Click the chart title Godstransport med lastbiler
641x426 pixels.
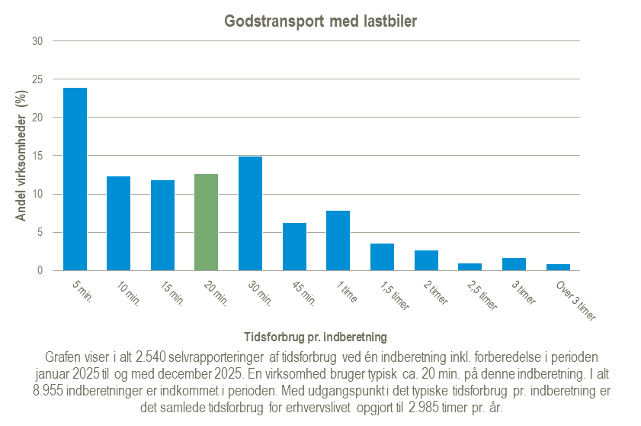point(320,21)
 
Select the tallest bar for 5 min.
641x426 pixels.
point(75,179)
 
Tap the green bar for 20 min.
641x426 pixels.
point(207,222)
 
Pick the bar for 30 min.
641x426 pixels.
point(250,214)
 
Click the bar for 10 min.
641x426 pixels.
point(118,224)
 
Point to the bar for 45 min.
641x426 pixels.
point(294,247)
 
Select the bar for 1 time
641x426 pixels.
point(338,240)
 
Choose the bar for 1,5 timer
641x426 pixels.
point(382,257)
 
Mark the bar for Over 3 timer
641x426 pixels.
point(558,267)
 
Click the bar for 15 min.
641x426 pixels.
point(162,225)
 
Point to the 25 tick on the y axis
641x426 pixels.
point(37,79)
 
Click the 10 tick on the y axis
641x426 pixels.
point(37,194)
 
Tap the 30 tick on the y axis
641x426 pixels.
point(37,41)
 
